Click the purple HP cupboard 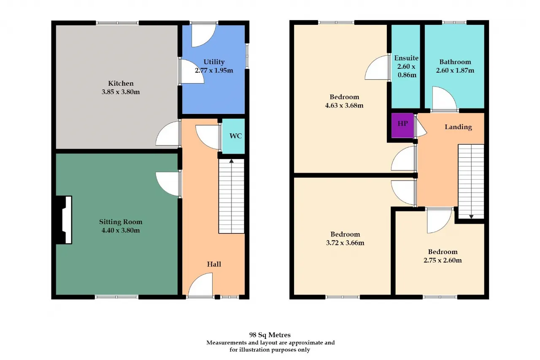point(402,125)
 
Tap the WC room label point(235,136)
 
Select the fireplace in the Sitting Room point(64,220)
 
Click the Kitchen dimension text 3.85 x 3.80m point(121,92)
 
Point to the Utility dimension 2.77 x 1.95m point(214,70)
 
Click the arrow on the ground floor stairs point(232,161)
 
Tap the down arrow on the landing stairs point(471,217)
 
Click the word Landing point(458,127)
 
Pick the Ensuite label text point(406,58)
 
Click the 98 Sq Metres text point(270,335)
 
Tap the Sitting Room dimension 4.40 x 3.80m point(121,230)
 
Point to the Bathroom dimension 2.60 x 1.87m point(455,70)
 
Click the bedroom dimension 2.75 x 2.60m point(443,260)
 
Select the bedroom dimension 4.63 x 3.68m point(344,106)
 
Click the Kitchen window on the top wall point(117,23)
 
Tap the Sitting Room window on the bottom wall point(117,297)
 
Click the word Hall point(214,264)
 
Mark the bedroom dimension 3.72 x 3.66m point(345,243)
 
